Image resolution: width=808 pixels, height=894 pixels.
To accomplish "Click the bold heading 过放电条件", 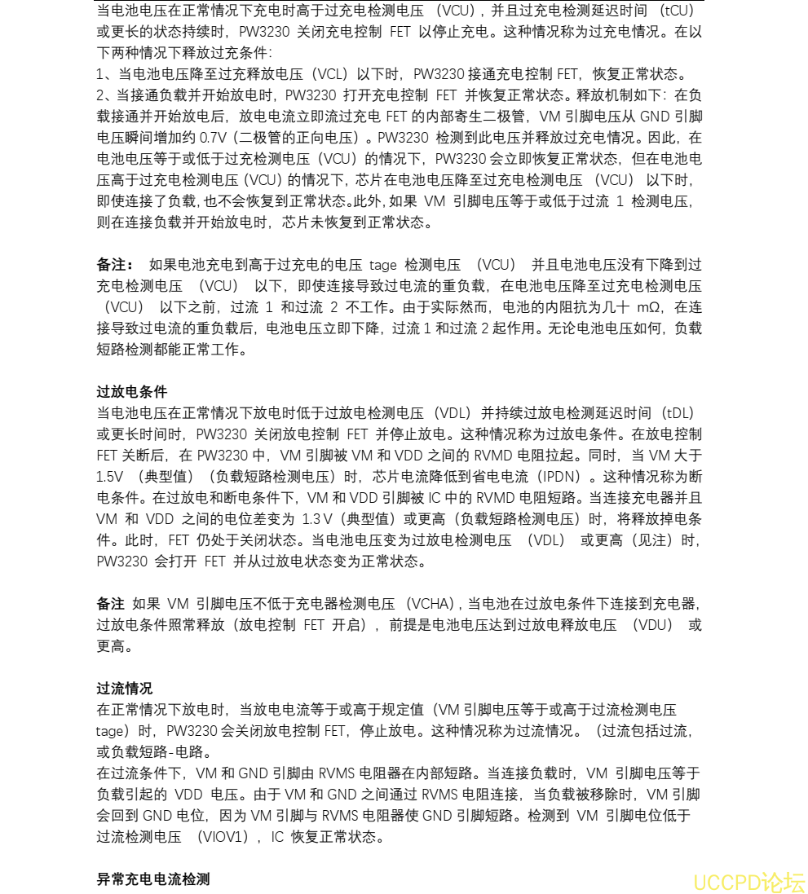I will tap(121, 391).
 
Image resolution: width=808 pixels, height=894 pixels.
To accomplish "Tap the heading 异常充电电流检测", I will tap(153, 879).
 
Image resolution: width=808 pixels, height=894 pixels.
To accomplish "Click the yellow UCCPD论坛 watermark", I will tap(748, 882).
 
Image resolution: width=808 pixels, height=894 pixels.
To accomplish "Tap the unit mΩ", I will tap(647, 307).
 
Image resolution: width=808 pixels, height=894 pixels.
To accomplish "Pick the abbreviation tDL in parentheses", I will tap(677, 412).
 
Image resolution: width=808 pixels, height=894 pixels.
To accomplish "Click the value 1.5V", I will tap(110, 476).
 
